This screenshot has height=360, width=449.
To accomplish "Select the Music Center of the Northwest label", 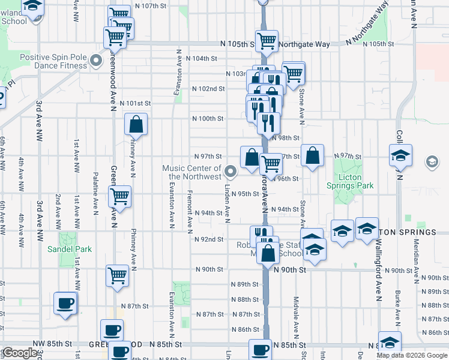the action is [x=191, y=173].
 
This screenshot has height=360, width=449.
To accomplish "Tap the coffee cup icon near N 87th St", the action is [x=65, y=302].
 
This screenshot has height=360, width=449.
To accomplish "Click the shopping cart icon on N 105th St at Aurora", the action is [x=267, y=41].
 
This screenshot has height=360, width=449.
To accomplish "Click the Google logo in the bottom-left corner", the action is [x=19, y=353].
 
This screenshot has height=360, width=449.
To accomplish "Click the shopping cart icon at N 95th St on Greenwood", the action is [x=120, y=195].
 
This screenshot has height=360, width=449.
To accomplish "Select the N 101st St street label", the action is [x=135, y=103].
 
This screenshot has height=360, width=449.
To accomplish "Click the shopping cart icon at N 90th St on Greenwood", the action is [x=118, y=275].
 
